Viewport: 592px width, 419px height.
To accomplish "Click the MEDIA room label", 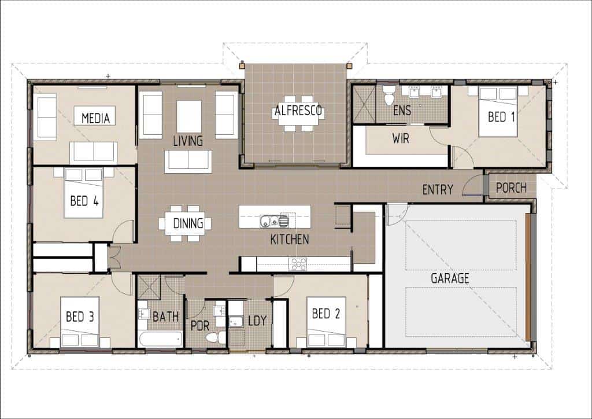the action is pos(95,118).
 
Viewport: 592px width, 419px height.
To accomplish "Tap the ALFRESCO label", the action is pos(298,111).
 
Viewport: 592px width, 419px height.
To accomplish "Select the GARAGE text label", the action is pos(450,278).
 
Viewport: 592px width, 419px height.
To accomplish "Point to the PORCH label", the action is pos(511,188).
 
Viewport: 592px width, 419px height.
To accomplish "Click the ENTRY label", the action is pos(438,189).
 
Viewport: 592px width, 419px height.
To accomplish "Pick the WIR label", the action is pos(401,138).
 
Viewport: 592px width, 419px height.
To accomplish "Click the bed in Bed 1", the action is pos(498,112).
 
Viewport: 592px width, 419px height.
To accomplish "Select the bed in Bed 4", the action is pos(83,193).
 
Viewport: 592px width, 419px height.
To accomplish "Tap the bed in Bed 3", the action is pos(80,322).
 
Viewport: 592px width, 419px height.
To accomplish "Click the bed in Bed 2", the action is pos(326,322).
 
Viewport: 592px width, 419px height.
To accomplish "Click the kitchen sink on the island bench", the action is pos(274,221).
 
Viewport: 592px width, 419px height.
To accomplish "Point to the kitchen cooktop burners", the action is pos(298,264).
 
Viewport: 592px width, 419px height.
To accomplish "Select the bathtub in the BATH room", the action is pos(161,339).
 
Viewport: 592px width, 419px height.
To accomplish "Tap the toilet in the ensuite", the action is pos(388,95).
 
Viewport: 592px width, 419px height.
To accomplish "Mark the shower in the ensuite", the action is pos(364,104).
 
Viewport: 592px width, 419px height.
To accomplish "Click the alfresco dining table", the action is pos(298,113).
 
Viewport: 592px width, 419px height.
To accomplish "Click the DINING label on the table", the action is pos(188,223).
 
